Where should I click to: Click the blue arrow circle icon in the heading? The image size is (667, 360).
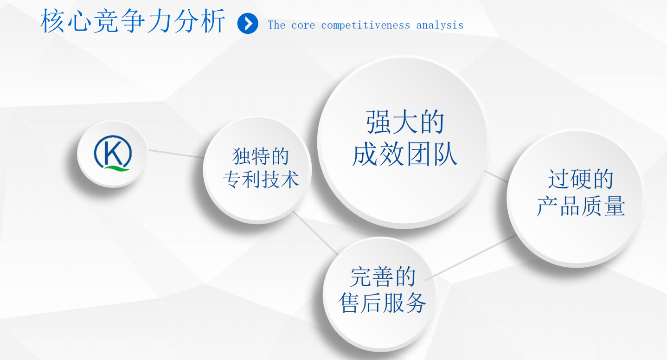(248, 24)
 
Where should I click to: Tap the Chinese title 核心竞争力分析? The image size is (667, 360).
(133, 21)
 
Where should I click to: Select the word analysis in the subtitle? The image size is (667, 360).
(440, 26)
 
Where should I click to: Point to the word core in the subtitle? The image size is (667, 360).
(303, 26)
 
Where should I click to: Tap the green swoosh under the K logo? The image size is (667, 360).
(117, 168)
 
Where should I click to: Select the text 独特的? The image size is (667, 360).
(261, 156)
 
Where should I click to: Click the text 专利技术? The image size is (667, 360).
(261, 179)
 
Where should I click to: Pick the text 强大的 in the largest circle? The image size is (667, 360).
(405, 122)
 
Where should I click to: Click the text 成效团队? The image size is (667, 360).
(404, 154)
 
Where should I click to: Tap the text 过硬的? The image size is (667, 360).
(581, 179)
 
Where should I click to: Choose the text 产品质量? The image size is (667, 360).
(581, 206)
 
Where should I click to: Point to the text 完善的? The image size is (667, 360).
(383, 276)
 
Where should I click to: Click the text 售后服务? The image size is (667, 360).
(383, 303)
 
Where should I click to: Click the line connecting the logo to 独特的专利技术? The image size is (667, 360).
(176, 154)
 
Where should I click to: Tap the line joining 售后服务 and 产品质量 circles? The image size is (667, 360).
(471, 257)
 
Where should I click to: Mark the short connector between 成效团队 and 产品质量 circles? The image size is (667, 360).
(496, 176)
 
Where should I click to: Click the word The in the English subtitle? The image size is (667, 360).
(276, 25)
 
